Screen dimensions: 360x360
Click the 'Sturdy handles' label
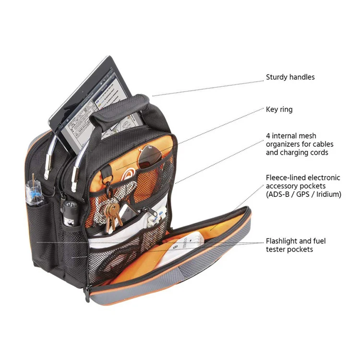pyautogui.click(x=290, y=77)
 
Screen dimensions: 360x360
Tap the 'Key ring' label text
pyautogui.click(x=279, y=109)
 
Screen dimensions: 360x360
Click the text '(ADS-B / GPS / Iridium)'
pyautogui.click(x=303, y=194)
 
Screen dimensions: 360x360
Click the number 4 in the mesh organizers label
pyautogui.click(x=268, y=136)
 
